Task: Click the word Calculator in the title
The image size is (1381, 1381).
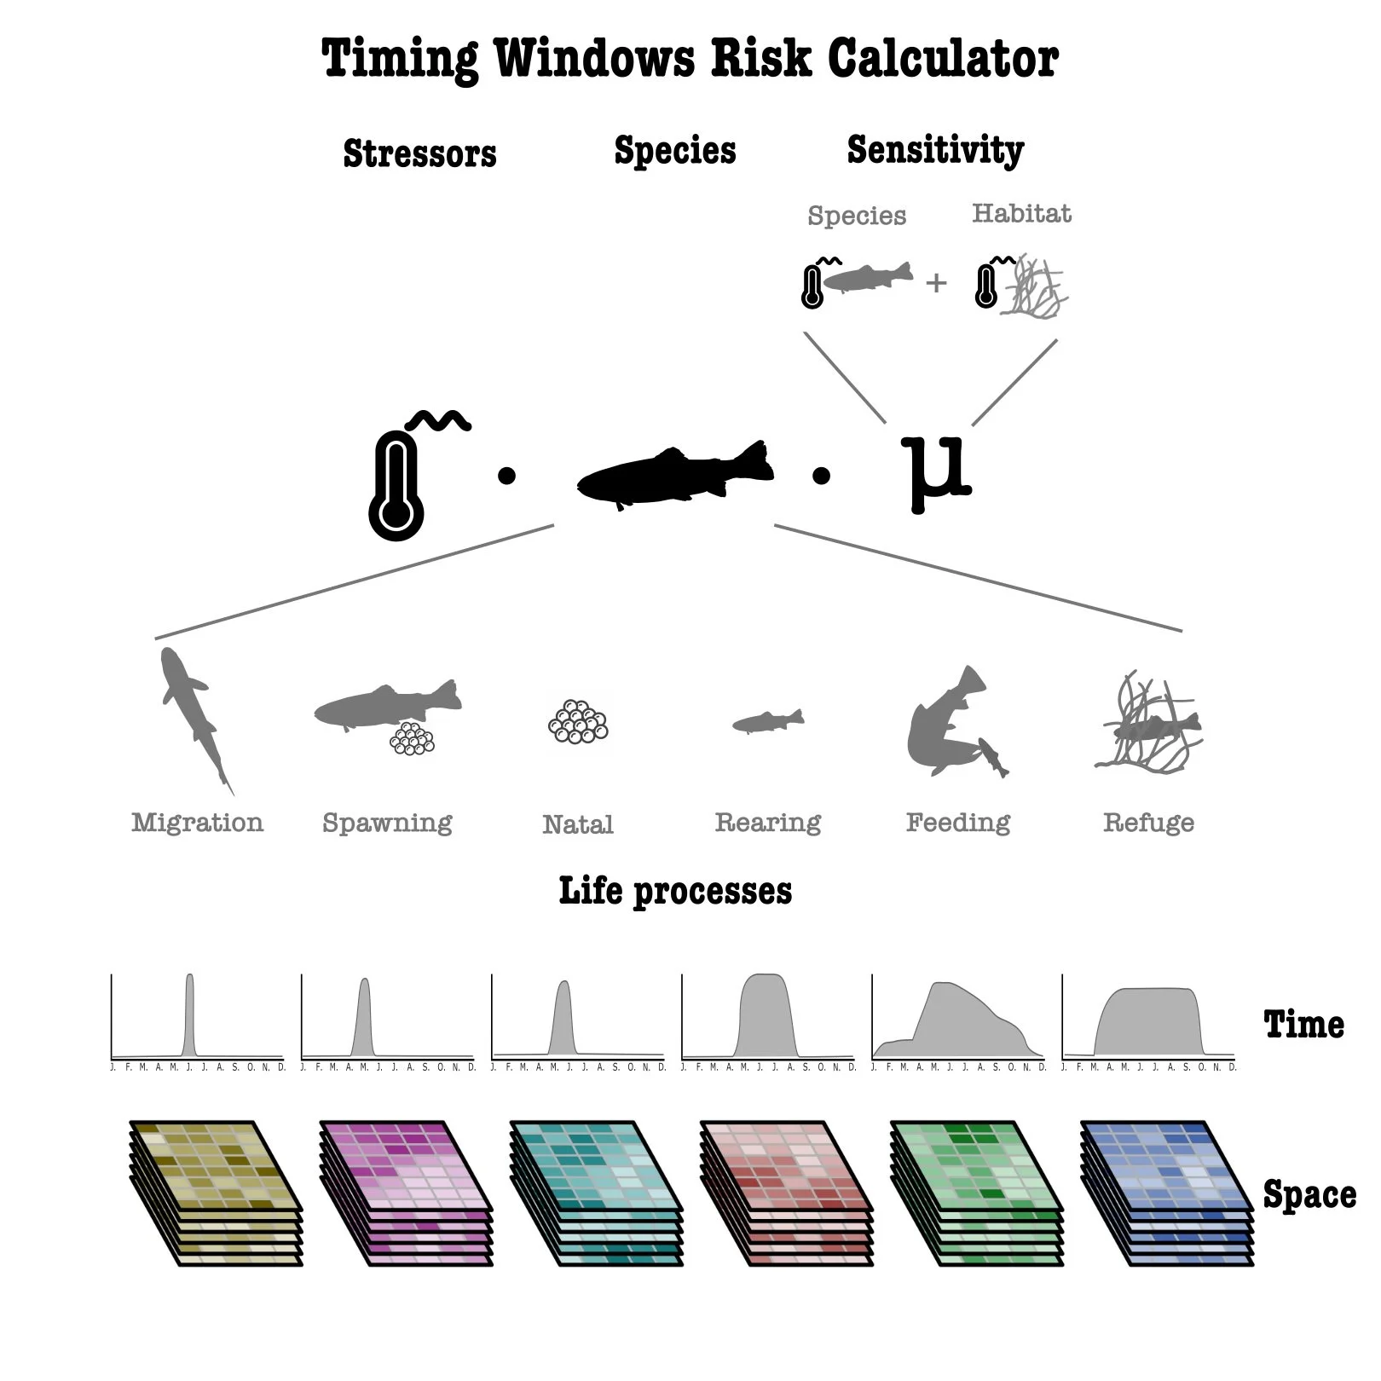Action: tap(942, 58)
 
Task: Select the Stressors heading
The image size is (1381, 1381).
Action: tap(419, 153)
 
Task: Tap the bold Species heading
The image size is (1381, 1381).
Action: tap(674, 151)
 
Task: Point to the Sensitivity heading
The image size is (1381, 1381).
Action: tap(935, 150)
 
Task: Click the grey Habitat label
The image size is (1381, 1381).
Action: tap(1021, 212)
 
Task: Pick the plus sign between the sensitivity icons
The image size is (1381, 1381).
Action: tap(936, 282)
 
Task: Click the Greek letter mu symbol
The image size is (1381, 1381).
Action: tap(936, 471)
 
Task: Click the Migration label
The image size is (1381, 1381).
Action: tap(197, 822)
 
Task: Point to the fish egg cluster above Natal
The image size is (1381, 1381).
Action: tap(578, 722)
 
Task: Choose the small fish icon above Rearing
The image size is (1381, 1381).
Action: tap(767, 721)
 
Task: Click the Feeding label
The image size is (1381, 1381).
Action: tap(957, 822)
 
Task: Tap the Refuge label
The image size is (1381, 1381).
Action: tap(1148, 822)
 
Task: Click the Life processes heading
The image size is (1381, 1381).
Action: tap(675, 891)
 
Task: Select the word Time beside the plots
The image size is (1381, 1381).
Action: tap(1303, 1024)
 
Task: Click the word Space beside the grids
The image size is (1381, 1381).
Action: tap(1309, 1194)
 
